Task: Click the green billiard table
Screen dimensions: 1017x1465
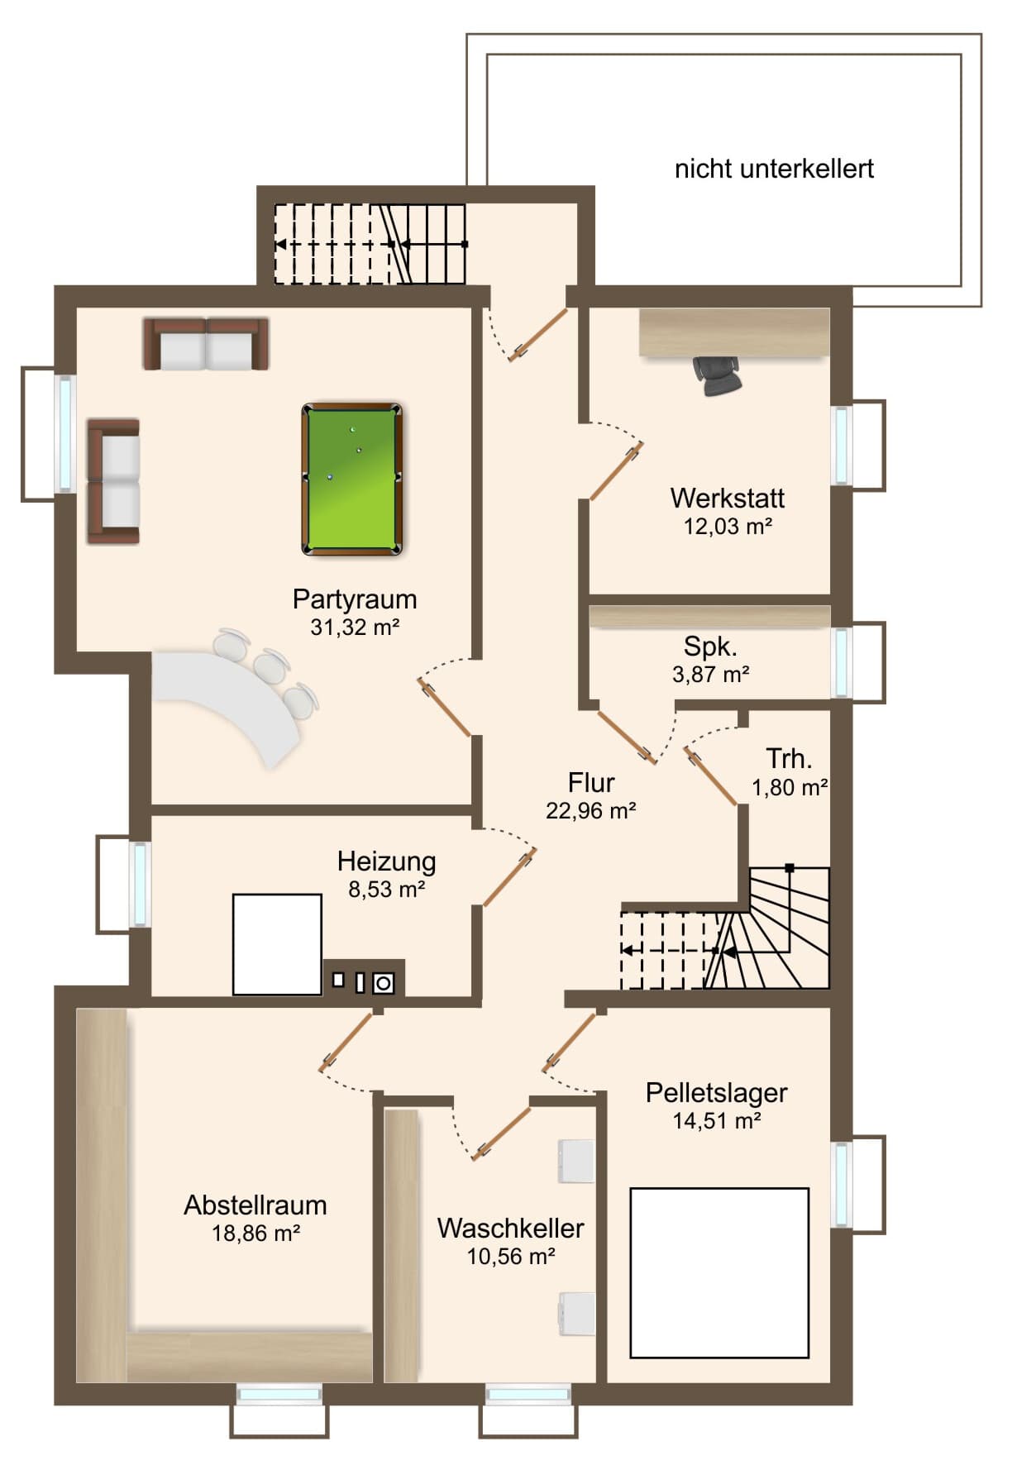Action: pyautogui.click(x=352, y=479)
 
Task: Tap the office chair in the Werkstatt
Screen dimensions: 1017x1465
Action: pyautogui.click(x=717, y=375)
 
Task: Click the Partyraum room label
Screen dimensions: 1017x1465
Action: pyautogui.click(x=355, y=599)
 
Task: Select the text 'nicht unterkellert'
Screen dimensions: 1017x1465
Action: pyautogui.click(x=774, y=169)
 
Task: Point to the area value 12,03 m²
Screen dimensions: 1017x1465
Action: pyautogui.click(x=728, y=527)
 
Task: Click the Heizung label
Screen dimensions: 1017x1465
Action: pyautogui.click(x=386, y=861)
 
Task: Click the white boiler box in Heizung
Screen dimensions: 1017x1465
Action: pyautogui.click(x=277, y=944)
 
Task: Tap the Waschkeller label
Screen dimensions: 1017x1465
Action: pyautogui.click(x=510, y=1229)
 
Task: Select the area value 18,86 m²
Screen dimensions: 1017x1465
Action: pyautogui.click(x=255, y=1234)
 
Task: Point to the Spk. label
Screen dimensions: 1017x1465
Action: pyautogui.click(x=710, y=647)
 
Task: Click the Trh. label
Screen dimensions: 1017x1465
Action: pyautogui.click(x=789, y=759)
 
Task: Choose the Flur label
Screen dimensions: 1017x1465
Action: pyautogui.click(x=591, y=782)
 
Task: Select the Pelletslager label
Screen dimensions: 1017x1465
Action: pyautogui.click(x=716, y=1093)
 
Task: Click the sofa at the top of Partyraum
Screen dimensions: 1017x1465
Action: pyautogui.click(x=206, y=344)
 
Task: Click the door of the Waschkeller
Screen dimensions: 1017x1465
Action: pyautogui.click(x=502, y=1132)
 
